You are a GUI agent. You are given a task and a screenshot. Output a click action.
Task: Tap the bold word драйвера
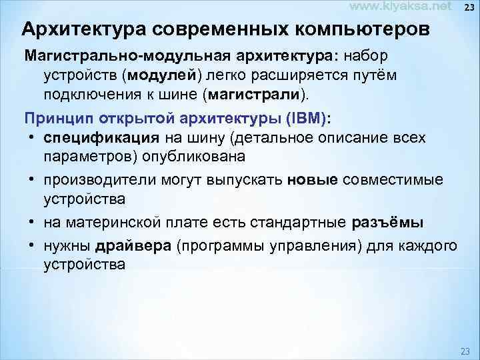tap(133, 246)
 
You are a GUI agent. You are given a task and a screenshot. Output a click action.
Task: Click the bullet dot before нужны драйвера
tap(32, 246)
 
